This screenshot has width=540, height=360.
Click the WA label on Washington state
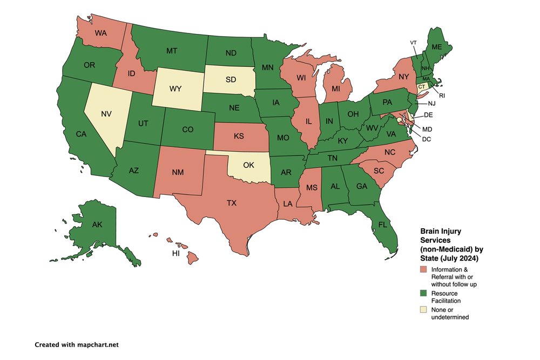100,32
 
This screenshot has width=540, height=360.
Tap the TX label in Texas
232,203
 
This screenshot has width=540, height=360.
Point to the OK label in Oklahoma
248,165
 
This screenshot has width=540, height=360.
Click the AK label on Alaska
98,224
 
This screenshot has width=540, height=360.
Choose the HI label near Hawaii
175,253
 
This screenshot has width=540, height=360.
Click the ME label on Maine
437,47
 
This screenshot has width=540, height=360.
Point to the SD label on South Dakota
231,79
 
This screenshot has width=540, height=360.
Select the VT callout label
413,42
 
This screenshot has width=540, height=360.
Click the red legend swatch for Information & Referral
423,269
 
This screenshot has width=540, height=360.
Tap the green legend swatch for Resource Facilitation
423,293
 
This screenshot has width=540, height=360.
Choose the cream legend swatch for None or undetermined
423,309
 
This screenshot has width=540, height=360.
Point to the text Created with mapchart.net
76,344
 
